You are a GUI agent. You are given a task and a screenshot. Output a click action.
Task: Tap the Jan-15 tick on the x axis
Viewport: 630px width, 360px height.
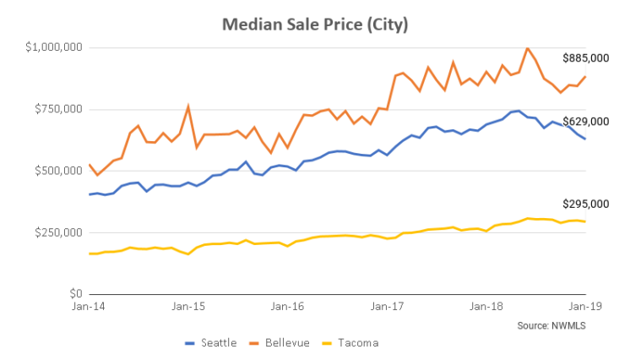[x=187, y=308]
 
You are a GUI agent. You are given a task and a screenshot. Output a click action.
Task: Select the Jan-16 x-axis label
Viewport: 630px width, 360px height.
[x=287, y=308]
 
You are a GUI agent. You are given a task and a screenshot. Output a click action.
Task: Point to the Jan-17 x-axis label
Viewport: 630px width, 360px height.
[x=387, y=308]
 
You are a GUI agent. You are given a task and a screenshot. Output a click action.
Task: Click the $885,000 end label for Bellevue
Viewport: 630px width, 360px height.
[x=586, y=58]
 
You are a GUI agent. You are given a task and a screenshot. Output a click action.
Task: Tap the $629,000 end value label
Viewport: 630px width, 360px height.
[x=586, y=122]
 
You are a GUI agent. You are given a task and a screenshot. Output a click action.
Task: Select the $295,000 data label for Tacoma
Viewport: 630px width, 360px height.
[x=586, y=204]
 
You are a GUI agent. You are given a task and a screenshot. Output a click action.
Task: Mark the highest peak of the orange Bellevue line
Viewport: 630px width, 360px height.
[x=528, y=48]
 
